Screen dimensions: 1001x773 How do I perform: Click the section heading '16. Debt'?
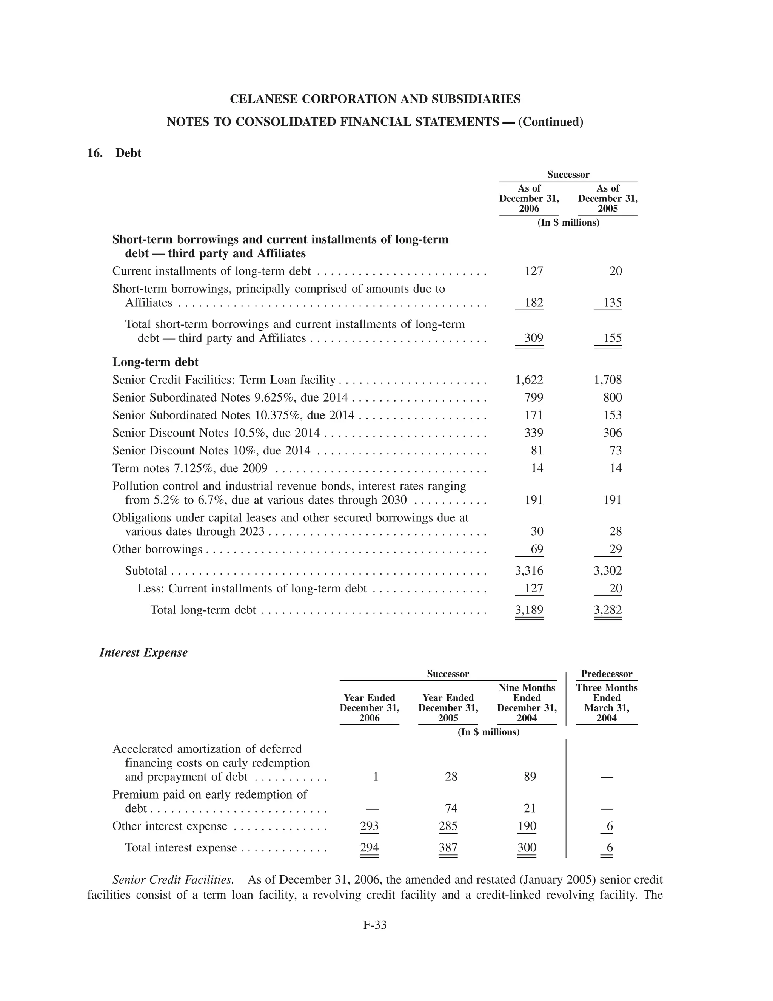[114, 153]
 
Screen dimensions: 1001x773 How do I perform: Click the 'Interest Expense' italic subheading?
[143, 652]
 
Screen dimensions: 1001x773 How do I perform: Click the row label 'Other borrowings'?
[157, 549]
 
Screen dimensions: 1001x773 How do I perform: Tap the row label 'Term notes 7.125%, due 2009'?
[190, 468]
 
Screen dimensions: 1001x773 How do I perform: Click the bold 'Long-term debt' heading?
[155, 362]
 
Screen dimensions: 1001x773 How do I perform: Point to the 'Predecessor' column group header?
[606, 674]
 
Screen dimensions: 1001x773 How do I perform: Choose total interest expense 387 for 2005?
[448, 848]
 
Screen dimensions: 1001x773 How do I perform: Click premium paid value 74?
[451, 808]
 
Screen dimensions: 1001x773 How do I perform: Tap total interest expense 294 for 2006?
[369, 848]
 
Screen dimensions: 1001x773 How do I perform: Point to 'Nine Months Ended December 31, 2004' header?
[527, 703]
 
